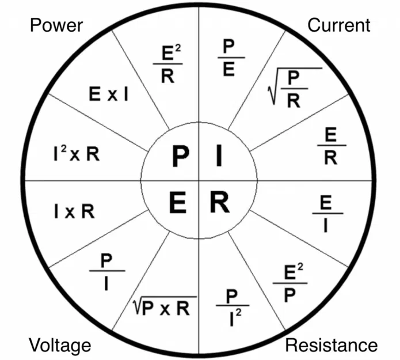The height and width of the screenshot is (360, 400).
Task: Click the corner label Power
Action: click(x=56, y=25)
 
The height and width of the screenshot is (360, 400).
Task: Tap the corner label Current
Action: click(x=339, y=25)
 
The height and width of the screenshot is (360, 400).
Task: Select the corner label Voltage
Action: click(x=60, y=345)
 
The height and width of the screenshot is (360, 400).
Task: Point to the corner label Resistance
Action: click(x=332, y=345)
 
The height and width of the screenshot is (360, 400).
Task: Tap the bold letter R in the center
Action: click(x=219, y=202)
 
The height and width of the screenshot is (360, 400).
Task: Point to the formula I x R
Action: click(x=74, y=211)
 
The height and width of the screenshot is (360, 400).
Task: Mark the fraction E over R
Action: click(x=330, y=146)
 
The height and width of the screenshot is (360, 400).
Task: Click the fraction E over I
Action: click(x=326, y=213)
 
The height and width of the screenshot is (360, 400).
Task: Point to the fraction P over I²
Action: click(x=233, y=306)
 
